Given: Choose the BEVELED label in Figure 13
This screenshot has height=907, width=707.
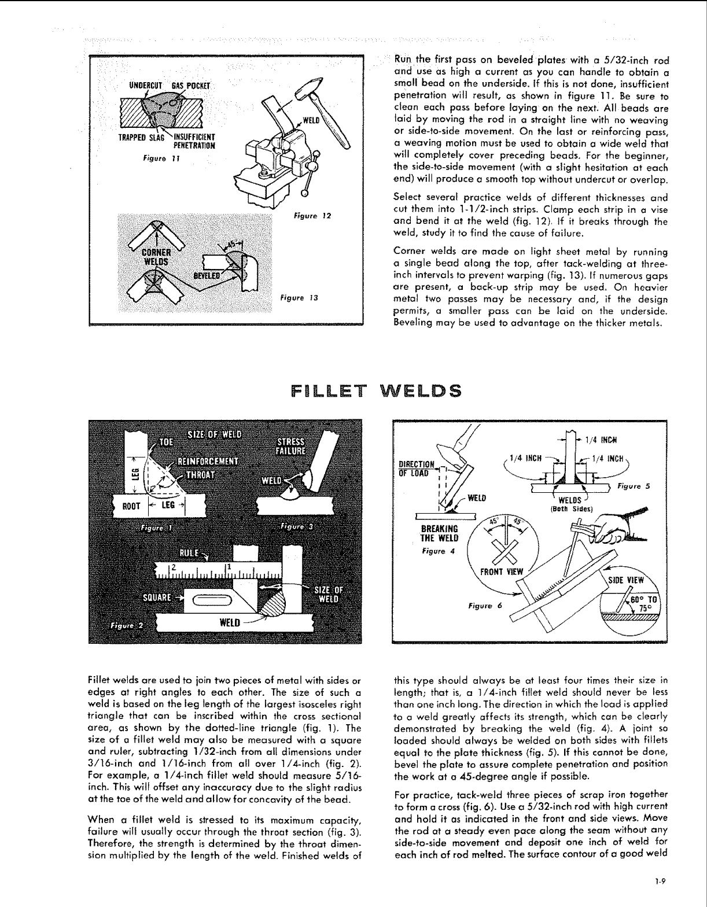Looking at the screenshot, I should (x=207, y=276).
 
